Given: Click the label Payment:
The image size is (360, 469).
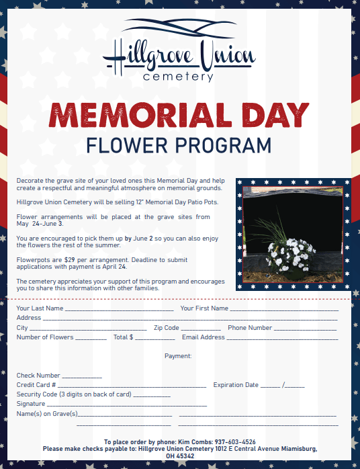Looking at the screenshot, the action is [178, 356].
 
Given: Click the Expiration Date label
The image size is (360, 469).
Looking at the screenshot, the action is [236, 385].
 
